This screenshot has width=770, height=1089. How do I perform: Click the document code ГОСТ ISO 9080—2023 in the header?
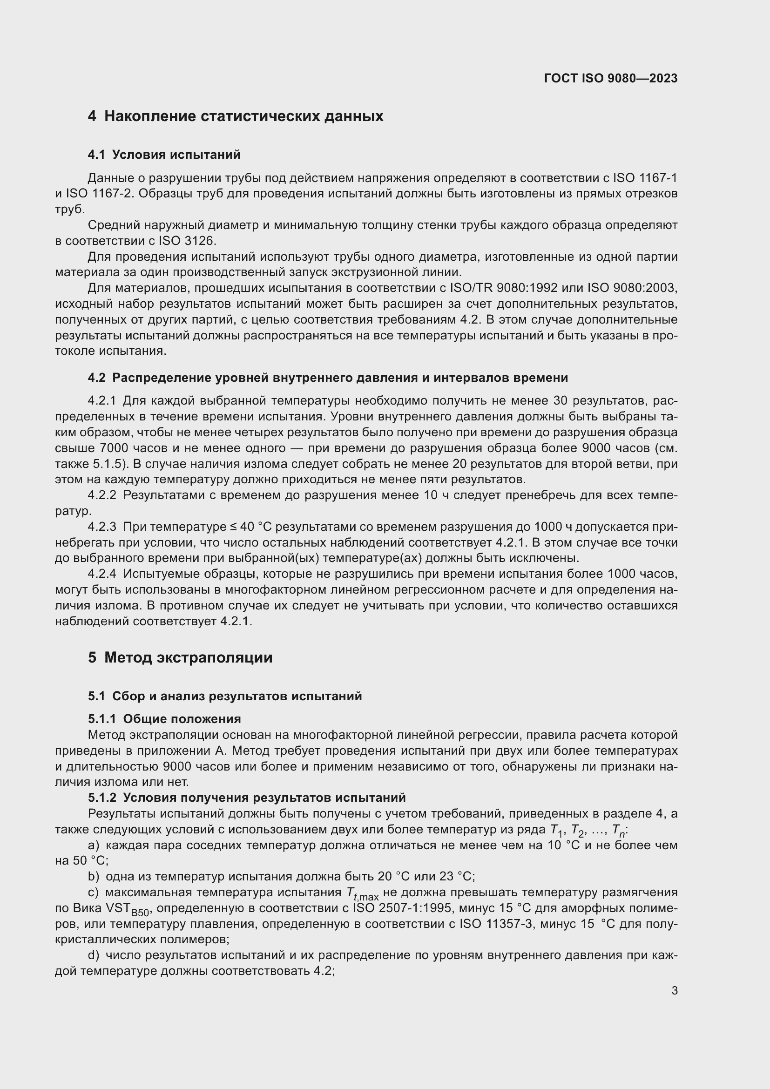pyautogui.click(x=611, y=79)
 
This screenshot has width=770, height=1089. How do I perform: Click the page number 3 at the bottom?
pyautogui.click(x=674, y=990)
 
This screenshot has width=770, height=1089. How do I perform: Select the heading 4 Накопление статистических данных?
pyautogui.click(x=236, y=116)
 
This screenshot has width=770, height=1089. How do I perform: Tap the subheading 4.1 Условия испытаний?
pyautogui.click(x=164, y=155)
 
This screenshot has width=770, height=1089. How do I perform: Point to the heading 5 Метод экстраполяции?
pyautogui.click(x=180, y=657)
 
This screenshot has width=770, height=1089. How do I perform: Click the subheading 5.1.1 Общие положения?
pyautogui.click(x=164, y=718)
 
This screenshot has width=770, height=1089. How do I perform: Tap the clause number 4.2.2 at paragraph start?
pyautogui.click(x=102, y=495)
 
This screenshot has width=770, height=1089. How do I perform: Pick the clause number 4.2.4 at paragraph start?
pyautogui.click(x=102, y=574)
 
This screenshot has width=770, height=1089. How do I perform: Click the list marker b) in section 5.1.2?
pyautogui.click(x=94, y=876)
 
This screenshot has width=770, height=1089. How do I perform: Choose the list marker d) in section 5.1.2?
pyautogui.click(x=94, y=955)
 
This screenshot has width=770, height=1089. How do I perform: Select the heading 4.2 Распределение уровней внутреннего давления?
pyautogui.click(x=328, y=378)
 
